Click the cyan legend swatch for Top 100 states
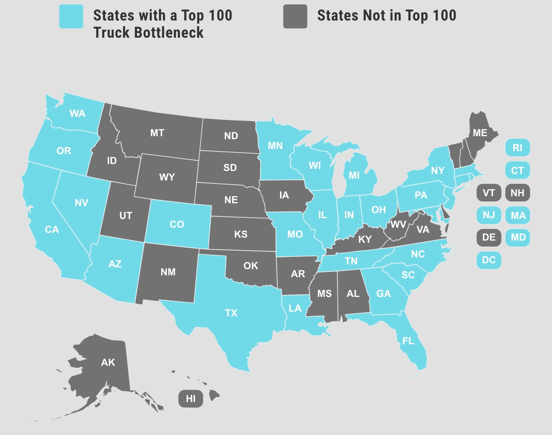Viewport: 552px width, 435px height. click(x=71, y=16)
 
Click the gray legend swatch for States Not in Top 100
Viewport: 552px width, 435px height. click(x=295, y=16)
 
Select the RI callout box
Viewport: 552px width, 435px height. click(x=518, y=148)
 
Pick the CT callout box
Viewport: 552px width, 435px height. click(x=518, y=171)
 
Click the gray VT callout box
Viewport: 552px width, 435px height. click(x=489, y=193)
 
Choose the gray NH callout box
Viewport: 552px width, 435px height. click(x=518, y=193)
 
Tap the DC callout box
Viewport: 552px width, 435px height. click(x=489, y=260)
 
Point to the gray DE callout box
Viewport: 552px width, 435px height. click(x=489, y=238)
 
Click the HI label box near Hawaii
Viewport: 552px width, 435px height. click(x=191, y=399)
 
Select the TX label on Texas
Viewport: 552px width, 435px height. click(x=231, y=313)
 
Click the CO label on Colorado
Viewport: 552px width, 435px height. click(x=177, y=224)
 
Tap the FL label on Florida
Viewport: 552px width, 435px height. click(x=408, y=341)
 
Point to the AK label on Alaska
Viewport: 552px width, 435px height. click(x=108, y=362)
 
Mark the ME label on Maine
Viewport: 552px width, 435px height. click(x=480, y=133)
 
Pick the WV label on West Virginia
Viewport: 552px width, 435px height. click(x=398, y=224)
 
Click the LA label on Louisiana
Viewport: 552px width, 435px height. click(x=295, y=308)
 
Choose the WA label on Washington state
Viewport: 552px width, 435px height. click(x=78, y=114)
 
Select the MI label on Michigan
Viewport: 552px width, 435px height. click(x=354, y=175)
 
